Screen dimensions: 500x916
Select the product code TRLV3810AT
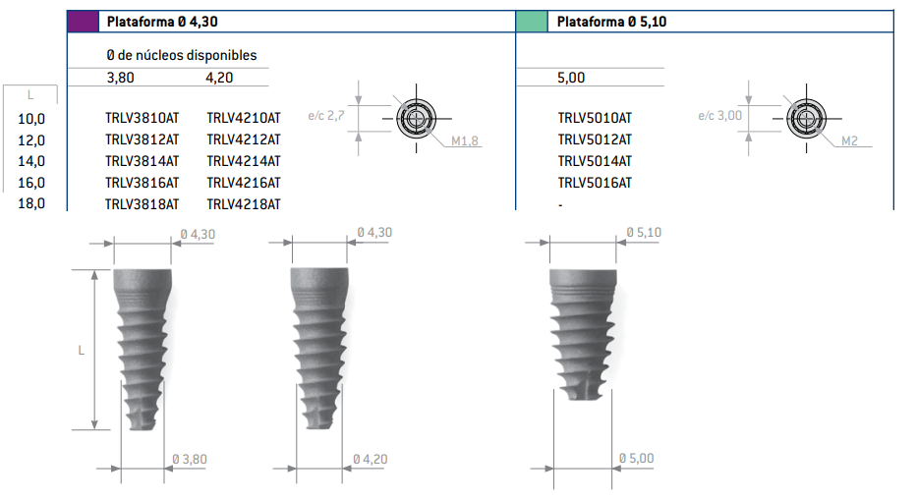tap(142, 118)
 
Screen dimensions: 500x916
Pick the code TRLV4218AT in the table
tap(244, 204)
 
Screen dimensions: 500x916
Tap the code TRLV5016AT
tap(595, 183)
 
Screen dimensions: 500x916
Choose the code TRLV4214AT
tap(244, 161)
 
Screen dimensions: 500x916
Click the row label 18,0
tap(31, 204)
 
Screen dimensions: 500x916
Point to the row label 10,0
tap(31, 118)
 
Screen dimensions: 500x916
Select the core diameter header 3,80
tap(121, 78)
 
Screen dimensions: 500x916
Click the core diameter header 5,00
tap(571, 78)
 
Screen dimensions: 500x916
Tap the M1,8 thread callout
tap(465, 142)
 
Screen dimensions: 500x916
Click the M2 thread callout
tap(849, 142)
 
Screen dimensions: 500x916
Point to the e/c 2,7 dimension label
tap(325, 116)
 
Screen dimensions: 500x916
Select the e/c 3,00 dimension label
tap(719, 116)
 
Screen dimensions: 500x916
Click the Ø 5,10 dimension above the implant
tap(644, 233)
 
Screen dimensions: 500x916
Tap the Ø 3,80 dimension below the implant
tap(189, 459)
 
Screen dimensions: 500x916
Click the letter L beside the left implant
tap(82, 350)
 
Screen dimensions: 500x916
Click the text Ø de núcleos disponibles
tap(181, 56)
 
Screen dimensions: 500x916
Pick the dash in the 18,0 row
tap(560, 205)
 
